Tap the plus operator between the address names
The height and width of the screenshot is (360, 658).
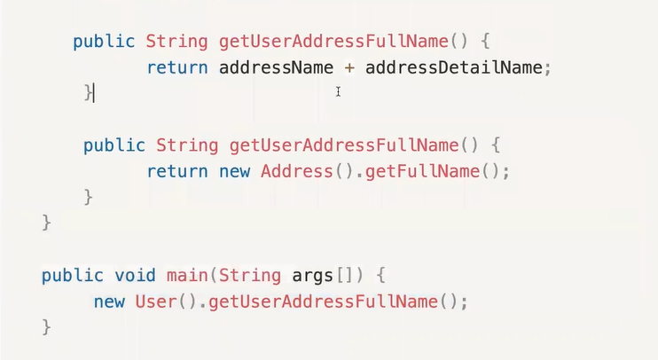point(349,68)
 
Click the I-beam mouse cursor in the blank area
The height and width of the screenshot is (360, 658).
point(338,91)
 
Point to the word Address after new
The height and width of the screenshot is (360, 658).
point(296,171)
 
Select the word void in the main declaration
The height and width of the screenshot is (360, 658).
point(135,275)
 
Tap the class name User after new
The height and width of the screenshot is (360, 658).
point(156,301)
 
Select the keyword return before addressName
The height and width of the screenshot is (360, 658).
point(177,67)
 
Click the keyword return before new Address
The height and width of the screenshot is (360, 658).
point(177,171)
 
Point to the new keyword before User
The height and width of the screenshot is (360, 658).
point(109,301)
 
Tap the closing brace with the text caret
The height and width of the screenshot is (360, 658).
point(88,92)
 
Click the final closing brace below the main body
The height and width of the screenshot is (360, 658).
point(47,327)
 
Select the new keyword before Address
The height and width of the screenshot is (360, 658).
point(234,171)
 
